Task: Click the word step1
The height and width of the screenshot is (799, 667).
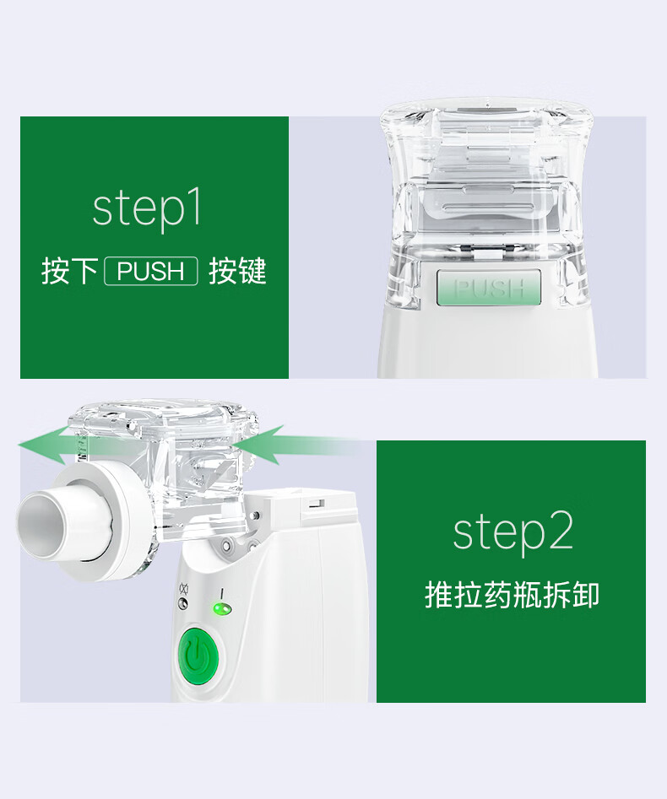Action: (x=148, y=209)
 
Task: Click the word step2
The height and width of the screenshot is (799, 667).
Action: (x=513, y=532)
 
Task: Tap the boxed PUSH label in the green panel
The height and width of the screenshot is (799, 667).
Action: (x=151, y=271)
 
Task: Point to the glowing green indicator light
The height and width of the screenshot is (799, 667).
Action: (x=222, y=608)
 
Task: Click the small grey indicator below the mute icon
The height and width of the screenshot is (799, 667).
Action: (x=183, y=604)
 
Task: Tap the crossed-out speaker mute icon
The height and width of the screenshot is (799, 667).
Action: (x=184, y=590)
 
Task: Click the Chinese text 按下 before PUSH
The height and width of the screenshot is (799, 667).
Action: (x=70, y=271)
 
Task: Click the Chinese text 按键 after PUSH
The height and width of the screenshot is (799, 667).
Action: (x=237, y=271)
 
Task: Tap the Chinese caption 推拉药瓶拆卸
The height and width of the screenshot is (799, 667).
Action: (x=512, y=594)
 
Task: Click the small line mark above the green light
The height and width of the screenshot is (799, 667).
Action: (x=221, y=594)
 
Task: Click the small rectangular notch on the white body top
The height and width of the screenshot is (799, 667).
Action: (x=317, y=504)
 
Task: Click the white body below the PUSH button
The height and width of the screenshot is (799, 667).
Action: (x=487, y=342)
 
